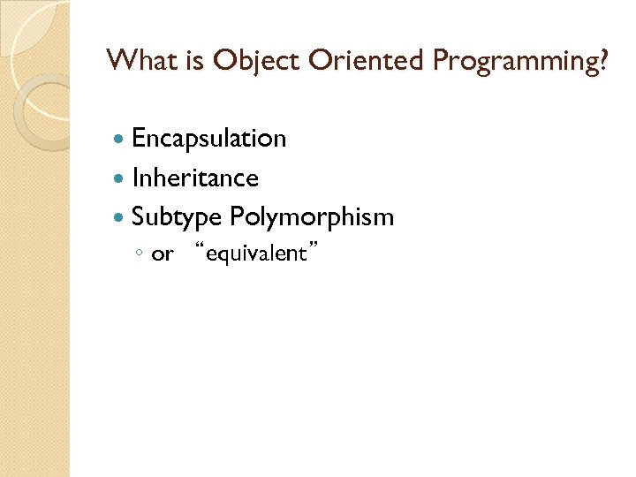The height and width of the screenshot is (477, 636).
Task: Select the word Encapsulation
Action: click(208, 139)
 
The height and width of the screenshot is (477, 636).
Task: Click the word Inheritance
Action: click(195, 178)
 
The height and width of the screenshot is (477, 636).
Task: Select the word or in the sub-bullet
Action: click(163, 255)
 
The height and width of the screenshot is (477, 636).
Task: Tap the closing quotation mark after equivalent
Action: click(314, 250)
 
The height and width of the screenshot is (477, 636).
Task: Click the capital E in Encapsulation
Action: click(140, 139)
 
